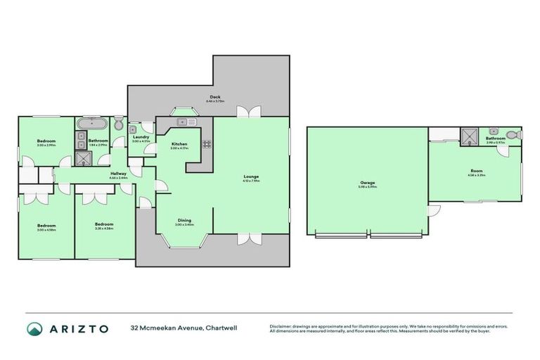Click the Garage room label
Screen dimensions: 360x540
pyautogui.click(x=367, y=184)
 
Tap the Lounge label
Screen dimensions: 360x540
pyautogui.click(x=251, y=177)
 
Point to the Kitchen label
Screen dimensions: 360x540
pyautogui.click(x=179, y=146)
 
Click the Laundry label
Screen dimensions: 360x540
pyautogui.click(x=141, y=139)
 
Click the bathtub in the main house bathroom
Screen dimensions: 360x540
pyautogui.click(x=92, y=125)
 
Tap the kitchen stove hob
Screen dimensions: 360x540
pyautogui.click(x=207, y=146)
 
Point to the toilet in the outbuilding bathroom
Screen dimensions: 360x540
pyautogui.click(x=515, y=133)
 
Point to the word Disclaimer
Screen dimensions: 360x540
pyautogui.click(x=281, y=326)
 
